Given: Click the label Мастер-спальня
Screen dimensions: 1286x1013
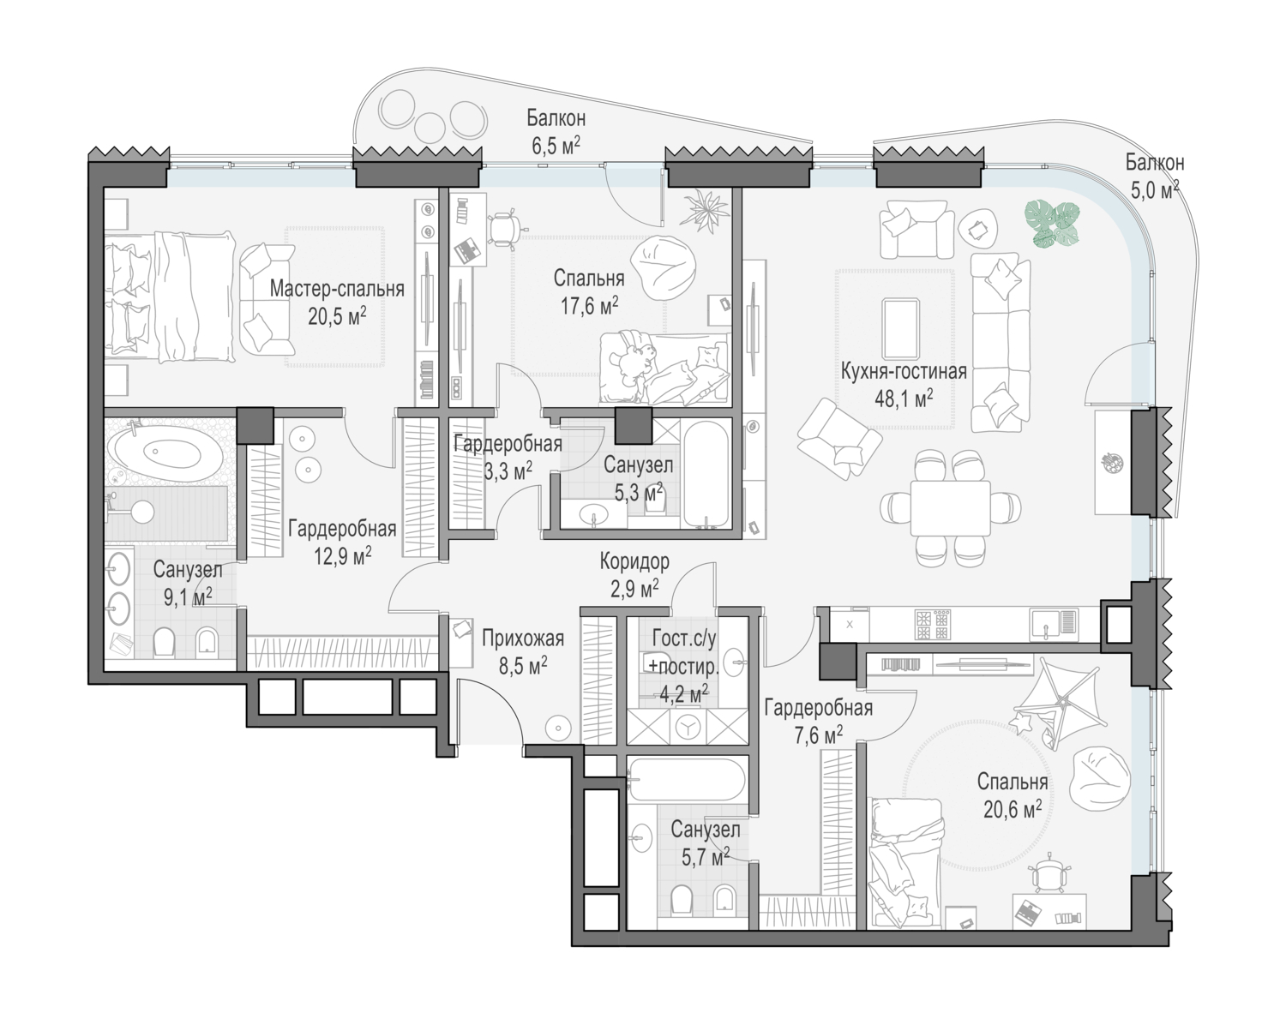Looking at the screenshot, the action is click(337, 289).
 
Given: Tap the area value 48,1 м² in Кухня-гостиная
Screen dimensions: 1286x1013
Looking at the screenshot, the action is click(904, 398).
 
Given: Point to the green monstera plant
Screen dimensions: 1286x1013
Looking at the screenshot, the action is click(1052, 224).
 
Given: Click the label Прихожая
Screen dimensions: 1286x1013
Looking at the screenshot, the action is click(523, 638).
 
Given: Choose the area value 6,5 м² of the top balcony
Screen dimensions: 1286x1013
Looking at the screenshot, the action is click(556, 145).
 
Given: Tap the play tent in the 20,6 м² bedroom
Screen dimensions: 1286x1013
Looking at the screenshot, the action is click(1058, 704).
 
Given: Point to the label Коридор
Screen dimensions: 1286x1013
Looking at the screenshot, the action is click(634, 561).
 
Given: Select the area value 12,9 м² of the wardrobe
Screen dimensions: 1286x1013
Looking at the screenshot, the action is click(342, 556).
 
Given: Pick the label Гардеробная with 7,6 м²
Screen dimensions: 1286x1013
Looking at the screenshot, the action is click(818, 709).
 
